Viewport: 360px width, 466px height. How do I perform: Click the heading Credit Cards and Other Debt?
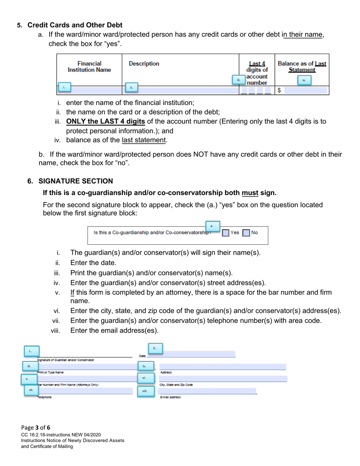75,25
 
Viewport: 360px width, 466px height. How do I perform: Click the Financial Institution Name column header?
89,67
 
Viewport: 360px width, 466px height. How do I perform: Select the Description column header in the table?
144,64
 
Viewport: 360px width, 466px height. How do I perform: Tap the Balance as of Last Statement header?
302,67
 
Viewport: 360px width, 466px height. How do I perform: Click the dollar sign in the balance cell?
279,90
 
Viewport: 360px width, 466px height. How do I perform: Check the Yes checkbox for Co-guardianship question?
225,233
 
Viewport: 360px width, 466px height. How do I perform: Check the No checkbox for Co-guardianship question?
246,233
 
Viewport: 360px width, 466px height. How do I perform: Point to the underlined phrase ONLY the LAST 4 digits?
105,122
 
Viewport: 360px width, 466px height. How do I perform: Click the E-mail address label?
171,397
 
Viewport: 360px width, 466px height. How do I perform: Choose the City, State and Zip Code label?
177,385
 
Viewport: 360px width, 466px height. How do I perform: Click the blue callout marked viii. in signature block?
145,391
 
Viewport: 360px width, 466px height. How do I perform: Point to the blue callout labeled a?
212,226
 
